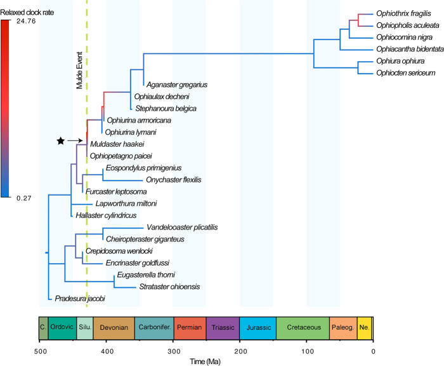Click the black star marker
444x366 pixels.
[x=61, y=140]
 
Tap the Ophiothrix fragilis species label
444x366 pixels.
[x=403, y=13]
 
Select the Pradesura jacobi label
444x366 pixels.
[x=80, y=299]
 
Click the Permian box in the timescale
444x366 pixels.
[x=190, y=328]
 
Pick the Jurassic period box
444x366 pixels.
[x=258, y=328]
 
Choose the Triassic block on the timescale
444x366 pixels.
[x=223, y=328]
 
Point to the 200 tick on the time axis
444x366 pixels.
[x=240, y=351]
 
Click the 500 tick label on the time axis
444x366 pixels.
[x=40, y=351]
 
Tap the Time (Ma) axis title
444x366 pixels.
[x=205, y=362]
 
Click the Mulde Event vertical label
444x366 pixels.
[x=79, y=70]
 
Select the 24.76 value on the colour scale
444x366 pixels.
[x=26, y=21]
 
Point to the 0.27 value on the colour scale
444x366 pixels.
[x=24, y=198]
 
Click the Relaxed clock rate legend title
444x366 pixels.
[x=27, y=13]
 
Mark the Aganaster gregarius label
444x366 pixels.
[x=177, y=85]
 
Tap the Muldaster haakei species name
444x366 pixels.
[x=117, y=144]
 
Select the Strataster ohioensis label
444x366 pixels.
[x=169, y=287]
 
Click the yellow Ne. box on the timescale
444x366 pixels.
[x=364, y=328]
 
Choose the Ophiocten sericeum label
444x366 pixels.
[x=405, y=73]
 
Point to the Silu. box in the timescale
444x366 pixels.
[x=85, y=328]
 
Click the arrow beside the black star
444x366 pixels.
[x=75, y=140]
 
